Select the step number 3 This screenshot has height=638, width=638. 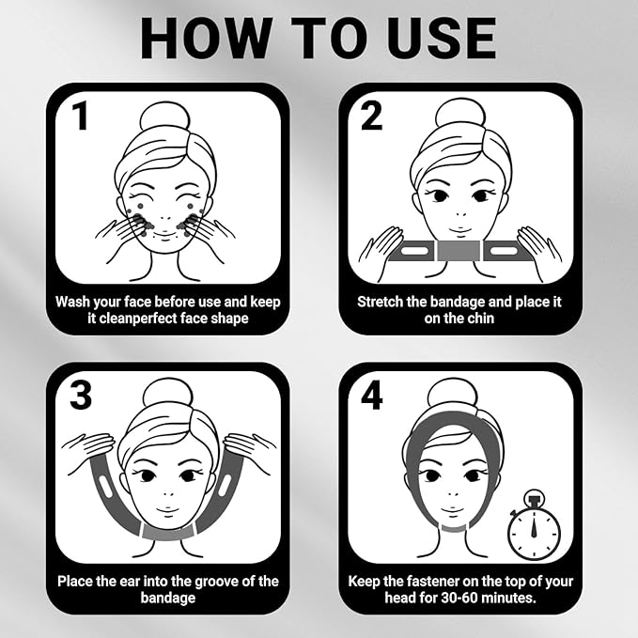[81, 395]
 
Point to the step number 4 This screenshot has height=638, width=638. [372, 395]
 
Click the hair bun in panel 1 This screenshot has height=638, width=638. [165, 117]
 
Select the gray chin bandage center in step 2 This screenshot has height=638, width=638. [461, 252]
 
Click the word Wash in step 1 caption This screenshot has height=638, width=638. [75, 302]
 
